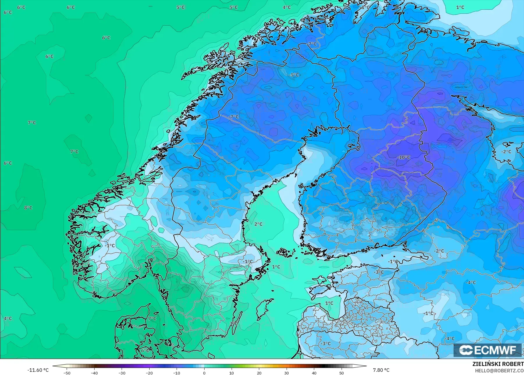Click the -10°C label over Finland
coord(404,157)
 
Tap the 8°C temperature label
coord(28,208)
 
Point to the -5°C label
coord(294,75)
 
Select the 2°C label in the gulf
coord(258,224)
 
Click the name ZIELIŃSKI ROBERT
coord(498,364)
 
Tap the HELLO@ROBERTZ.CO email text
coord(499,371)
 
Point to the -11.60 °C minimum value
coord(38,370)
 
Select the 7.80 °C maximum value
coord(381,370)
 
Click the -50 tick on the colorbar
coord(67,373)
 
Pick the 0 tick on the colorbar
coord(204,373)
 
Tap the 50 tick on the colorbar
coord(342,373)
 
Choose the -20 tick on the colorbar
coord(149,373)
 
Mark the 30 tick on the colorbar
coord(287,373)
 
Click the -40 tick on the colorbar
coord(94,373)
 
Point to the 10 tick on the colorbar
coord(232,373)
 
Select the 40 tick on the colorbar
coord(314,373)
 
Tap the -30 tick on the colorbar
coord(122,373)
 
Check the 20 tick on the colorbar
coord(259,373)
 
